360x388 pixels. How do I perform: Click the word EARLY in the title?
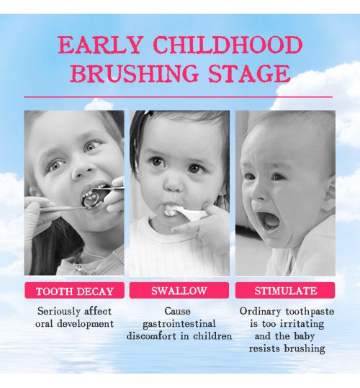[99, 45]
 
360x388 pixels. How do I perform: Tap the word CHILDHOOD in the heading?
[228, 45]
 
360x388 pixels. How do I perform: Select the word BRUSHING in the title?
[135, 73]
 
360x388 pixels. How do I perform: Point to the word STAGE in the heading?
[249, 73]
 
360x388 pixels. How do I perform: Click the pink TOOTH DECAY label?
[74, 291]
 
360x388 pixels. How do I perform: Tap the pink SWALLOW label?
[179, 290]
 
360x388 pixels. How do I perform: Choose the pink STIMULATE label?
[285, 290]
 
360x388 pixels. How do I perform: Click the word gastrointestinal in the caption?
[179, 324]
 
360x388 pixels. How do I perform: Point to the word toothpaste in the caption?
[310, 311]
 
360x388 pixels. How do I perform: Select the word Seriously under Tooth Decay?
[59, 311]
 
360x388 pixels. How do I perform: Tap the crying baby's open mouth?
[269, 222]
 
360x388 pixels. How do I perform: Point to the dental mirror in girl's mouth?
[92, 199]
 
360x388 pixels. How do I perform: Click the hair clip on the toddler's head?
[148, 113]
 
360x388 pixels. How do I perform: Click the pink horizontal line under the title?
[178, 97]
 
